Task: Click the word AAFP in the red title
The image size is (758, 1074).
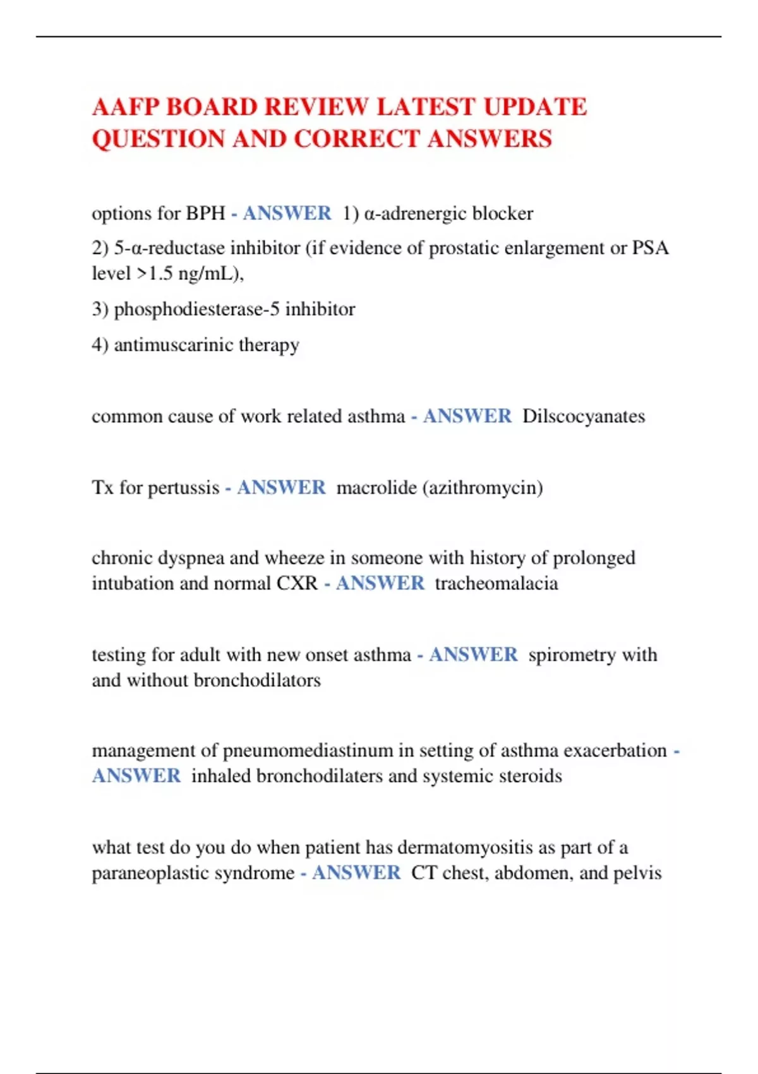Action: pos(125,107)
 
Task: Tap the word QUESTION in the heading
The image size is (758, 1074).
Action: pos(159,139)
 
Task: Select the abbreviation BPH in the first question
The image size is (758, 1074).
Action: pos(205,214)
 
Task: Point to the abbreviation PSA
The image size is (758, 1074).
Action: pos(651,248)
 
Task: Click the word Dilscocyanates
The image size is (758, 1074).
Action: pos(584,416)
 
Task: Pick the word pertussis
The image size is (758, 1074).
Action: pos(183,488)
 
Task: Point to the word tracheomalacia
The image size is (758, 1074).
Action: pos(496,583)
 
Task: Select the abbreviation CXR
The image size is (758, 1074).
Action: pos(297,583)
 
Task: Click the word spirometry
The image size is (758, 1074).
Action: pos(572,655)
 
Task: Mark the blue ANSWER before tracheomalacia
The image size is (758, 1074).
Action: pos(380,583)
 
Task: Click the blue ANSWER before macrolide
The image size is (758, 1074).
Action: pos(281,488)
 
